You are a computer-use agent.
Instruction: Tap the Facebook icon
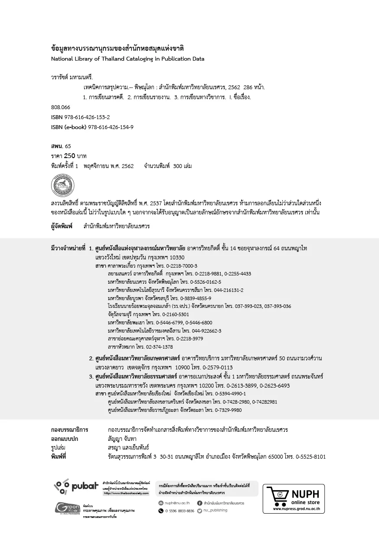[x=199, y=503]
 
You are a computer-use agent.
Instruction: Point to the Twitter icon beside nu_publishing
[x=199, y=511]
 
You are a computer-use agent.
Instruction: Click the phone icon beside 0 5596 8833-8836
[x=161, y=511]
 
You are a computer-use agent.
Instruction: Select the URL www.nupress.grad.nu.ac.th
[x=296, y=509]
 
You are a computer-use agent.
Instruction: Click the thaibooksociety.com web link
[x=126, y=493]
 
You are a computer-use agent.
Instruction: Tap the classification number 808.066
[x=60, y=107]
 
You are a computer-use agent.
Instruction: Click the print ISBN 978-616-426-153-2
[x=87, y=117]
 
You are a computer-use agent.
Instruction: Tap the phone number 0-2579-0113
[x=217, y=367]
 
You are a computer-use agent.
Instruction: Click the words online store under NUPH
[x=305, y=502]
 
